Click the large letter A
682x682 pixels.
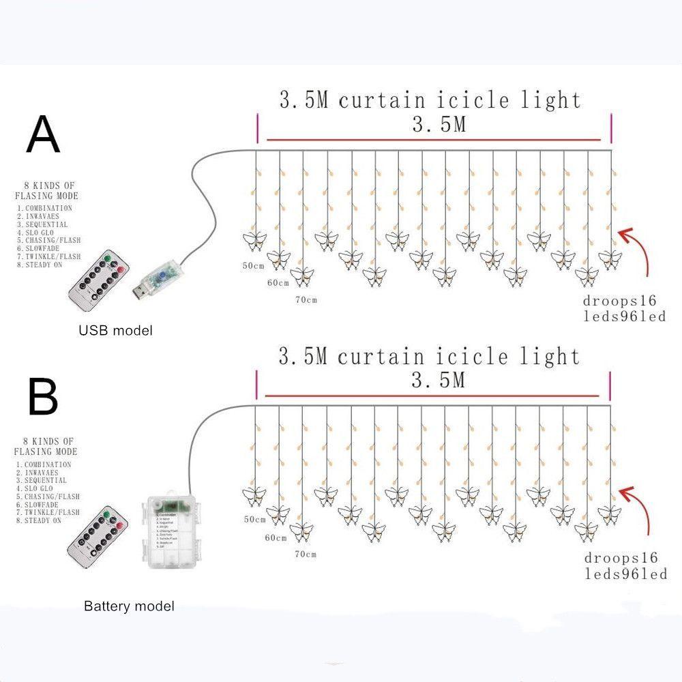click(43, 134)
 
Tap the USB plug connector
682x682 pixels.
click(154, 279)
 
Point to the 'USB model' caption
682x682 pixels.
click(115, 331)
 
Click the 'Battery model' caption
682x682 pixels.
click(129, 606)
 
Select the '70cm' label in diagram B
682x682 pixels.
click(306, 554)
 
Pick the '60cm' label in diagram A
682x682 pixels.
click(277, 282)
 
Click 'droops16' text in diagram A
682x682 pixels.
click(619, 301)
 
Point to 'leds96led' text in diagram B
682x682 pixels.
click(626, 574)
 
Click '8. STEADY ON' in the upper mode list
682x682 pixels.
click(40, 265)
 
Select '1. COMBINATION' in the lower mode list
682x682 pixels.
click(44, 464)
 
